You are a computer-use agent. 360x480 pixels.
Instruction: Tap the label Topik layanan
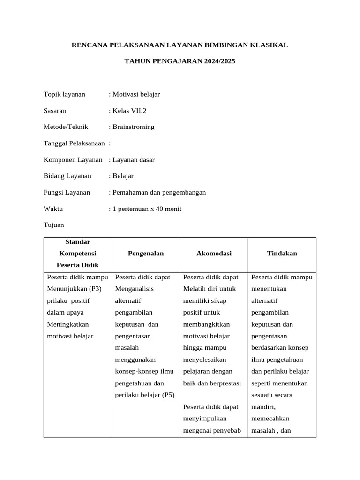coord(64,94)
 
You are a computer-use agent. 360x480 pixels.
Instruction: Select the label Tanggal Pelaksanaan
coord(74,143)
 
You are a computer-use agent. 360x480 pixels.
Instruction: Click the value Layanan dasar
coord(133,159)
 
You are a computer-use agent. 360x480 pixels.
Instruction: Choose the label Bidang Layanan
coord(67,176)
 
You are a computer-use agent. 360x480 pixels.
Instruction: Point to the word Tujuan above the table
coord(54,225)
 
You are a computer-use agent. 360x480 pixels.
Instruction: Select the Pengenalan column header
coord(146,254)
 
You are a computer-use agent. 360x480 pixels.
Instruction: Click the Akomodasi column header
coord(214,254)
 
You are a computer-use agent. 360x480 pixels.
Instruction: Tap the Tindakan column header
coord(282,254)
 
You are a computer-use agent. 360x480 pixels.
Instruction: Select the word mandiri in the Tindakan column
coord(263,407)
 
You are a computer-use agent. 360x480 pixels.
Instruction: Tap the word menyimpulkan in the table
coord(205,418)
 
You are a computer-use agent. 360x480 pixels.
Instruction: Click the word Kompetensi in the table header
coord(77,254)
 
